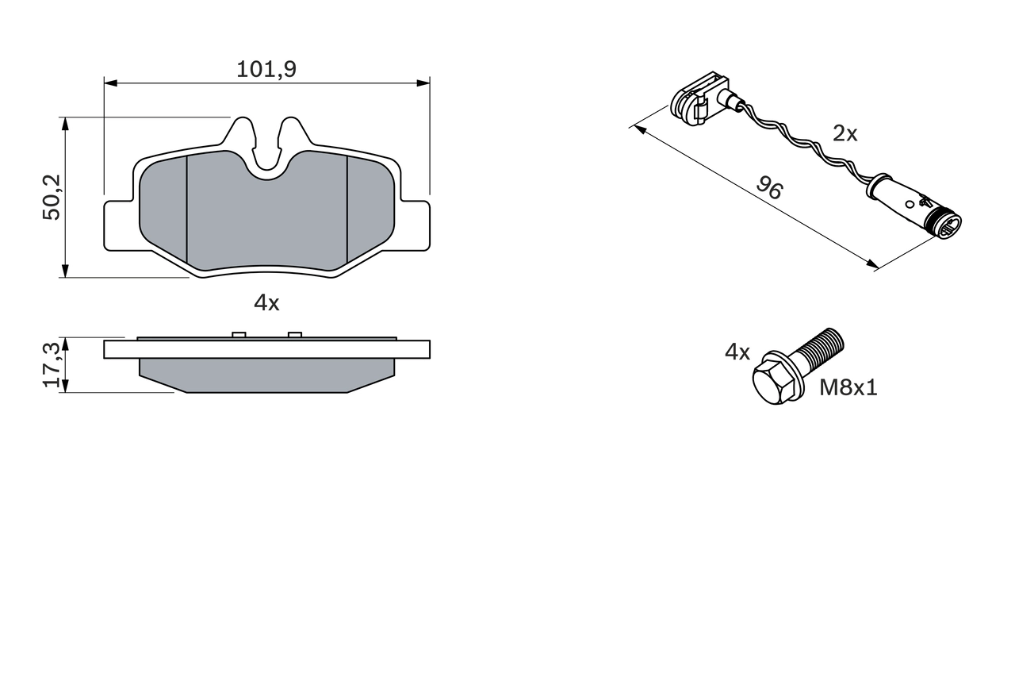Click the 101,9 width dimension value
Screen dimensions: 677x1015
coord(266,70)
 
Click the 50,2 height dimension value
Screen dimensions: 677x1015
coord(52,198)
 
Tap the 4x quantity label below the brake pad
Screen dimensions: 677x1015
coord(266,302)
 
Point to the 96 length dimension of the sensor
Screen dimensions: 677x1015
coord(768,188)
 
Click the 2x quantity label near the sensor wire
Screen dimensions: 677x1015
coord(845,134)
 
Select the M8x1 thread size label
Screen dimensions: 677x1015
coord(848,388)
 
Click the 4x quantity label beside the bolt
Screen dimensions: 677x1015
coord(737,352)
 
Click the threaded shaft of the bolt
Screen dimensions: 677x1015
coord(821,352)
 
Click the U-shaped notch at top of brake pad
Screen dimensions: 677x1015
coord(266,155)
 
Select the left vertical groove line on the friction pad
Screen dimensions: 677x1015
coord(186,210)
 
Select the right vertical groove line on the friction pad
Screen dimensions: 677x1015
coord(348,210)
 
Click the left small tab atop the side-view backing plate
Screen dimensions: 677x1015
coord(236,334)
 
